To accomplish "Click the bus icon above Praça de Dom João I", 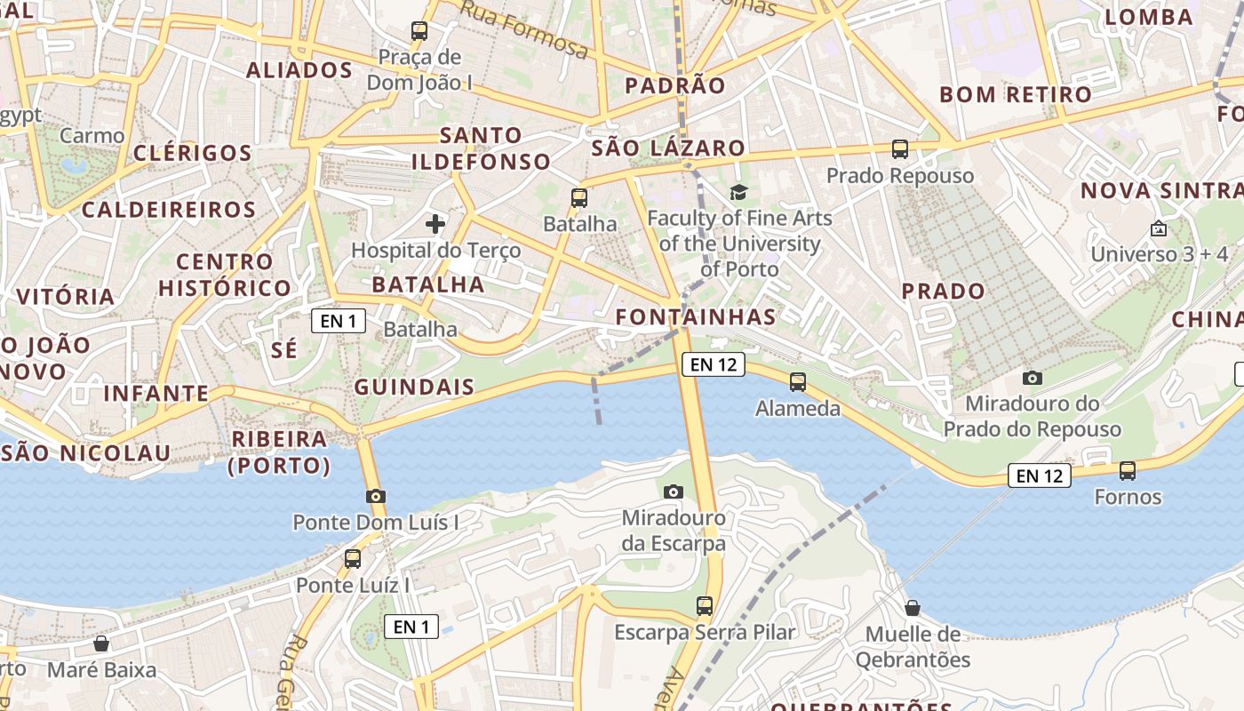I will pyautogui.click(x=419, y=31).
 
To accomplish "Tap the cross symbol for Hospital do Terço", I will pyautogui.click(x=435, y=223).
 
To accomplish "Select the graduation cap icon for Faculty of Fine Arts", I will pyautogui.click(x=739, y=191).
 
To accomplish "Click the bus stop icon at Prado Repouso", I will pyautogui.click(x=900, y=149).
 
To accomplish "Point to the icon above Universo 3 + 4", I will pyautogui.click(x=1159, y=228).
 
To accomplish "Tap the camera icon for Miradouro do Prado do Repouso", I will pyautogui.click(x=1033, y=378).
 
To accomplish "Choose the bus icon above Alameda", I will pyautogui.click(x=798, y=382).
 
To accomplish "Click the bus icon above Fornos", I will pyautogui.click(x=1128, y=470).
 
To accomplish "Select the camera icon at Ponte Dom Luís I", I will pyautogui.click(x=376, y=496).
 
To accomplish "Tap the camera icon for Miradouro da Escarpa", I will pyautogui.click(x=674, y=491).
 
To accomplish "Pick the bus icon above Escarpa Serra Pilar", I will pyautogui.click(x=705, y=606).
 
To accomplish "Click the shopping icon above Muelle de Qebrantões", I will pyautogui.click(x=913, y=608).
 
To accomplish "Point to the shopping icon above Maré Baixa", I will pyautogui.click(x=101, y=643).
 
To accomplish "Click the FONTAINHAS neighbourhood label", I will pyautogui.click(x=696, y=316).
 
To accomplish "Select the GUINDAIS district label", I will pyautogui.click(x=414, y=387).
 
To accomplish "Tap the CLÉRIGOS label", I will pyautogui.click(x=193, y=153).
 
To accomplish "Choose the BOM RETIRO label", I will pyautogui.click(x=1016, y=94).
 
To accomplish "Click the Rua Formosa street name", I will pyautogui.click(x=526, y=30).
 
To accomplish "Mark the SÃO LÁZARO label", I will pyautogui.click(x=668, y=148).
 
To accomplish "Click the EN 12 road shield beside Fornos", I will pyautogui.click(x=1040, y=475).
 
